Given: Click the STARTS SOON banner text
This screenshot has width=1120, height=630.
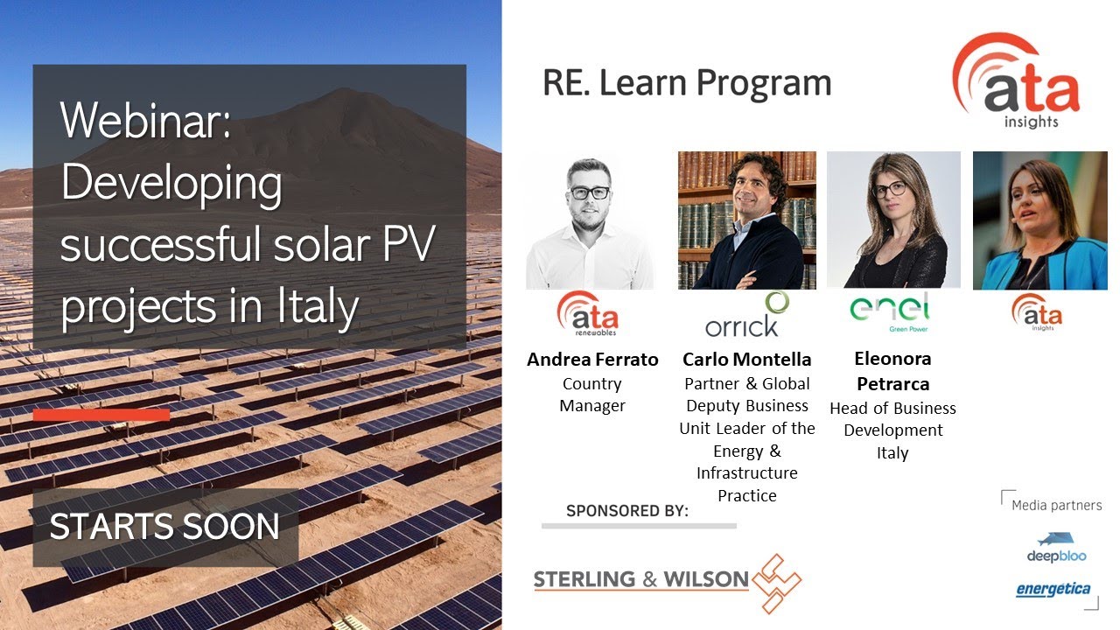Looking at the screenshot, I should (x=164, y=527).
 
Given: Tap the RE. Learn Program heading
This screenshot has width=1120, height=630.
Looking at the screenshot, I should (x=687, y=83).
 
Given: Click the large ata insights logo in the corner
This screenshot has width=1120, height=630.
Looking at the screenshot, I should (x=1019, y=83).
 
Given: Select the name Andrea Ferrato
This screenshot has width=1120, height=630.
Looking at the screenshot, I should (x=592, y=360).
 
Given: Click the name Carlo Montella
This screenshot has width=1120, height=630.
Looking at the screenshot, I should (x=746, y=360).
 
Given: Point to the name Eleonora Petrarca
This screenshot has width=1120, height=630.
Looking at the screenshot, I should (x=892, y=371).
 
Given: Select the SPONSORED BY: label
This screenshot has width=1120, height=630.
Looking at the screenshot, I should (x=627, y=511).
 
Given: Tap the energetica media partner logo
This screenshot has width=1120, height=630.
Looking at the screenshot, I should (x=1053, y=589).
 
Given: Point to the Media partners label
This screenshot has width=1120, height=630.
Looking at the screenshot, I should (x=1056, y=506).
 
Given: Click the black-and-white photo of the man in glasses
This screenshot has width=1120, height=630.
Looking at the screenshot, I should (x=590, y=221).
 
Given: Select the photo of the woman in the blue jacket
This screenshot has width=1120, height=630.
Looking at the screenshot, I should (x=1039, y=221).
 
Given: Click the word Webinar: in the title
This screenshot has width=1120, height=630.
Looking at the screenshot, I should (x=145, y=121).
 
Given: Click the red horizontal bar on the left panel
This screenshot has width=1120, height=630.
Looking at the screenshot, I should (x=101, y=414).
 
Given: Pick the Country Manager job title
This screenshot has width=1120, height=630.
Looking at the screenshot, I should (x=592, y=395).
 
